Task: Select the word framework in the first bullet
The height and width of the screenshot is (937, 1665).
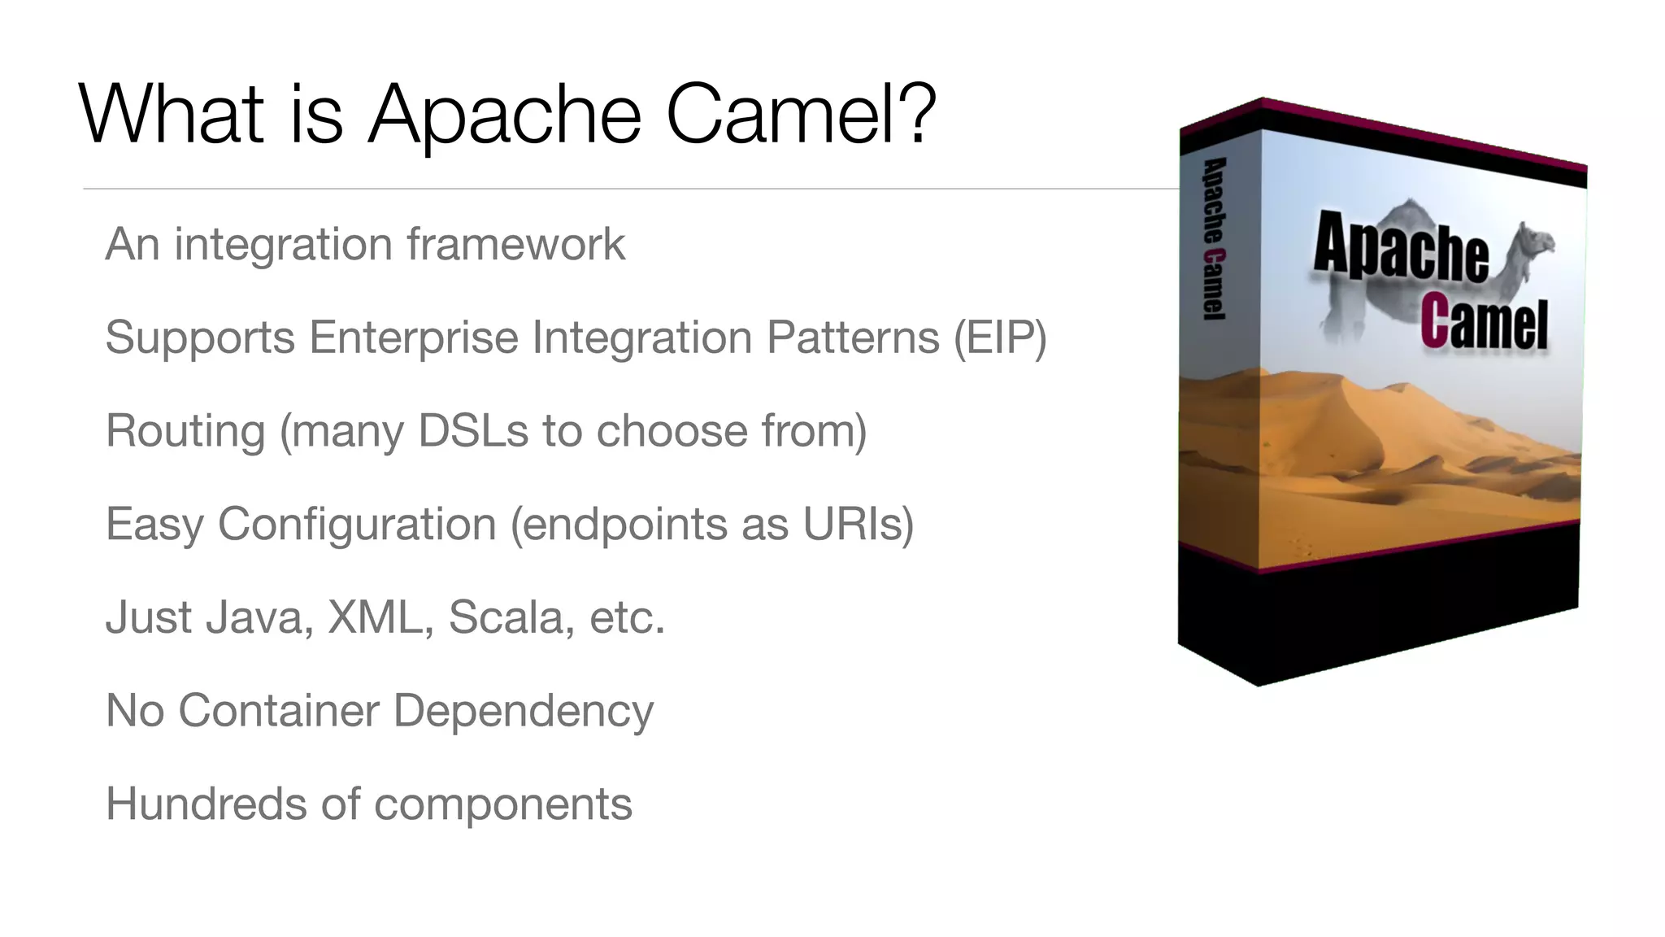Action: pyautogui.click(x=516, y=244)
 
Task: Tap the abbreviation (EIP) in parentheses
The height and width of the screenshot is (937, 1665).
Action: pyautogui.click(x=1000, y=338)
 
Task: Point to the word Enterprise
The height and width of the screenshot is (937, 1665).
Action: pyautogui.click(x=413, y=338)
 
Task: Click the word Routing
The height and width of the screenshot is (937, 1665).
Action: pyautogui.click(x=185, y=431)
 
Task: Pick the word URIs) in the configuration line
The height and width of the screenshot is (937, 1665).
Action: pyautogui.click(x=859, y=524)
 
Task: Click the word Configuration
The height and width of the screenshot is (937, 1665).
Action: pyautogui.click(x=357, y=524)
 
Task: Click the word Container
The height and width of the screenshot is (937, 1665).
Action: pyautogui.click(x=278, y=711)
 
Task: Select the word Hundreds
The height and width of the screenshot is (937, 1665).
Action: pyautogui.click(x=206, y=804)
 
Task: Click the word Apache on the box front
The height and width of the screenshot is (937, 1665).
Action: pyautogui.click(x=1400, y=246)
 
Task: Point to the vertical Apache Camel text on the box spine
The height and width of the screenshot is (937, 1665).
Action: pyautogui.click(x=1214, y=238)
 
